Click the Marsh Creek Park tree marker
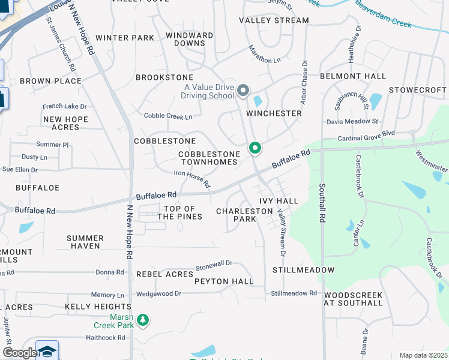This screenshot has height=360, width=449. click(x=142, y=320)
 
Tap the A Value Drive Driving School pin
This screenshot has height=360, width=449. click(x=243, y=91)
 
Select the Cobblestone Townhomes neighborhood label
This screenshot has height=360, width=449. click(x=209, y=158)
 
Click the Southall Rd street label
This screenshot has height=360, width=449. click(x=322, y=204)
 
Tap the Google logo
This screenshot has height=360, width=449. click(x=19, y=353)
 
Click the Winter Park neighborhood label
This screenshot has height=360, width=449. click(x=124, y=38)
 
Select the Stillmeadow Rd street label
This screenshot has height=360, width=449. click(x=294, y=293)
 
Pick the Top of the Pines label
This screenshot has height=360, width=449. click(x=179, y=212)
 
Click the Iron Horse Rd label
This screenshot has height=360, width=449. click(x=192, y=178)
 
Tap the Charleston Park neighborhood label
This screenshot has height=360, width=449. click(x=244, y=215)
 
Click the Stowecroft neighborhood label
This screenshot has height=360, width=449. click(x=417, y=90)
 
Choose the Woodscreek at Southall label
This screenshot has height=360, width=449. click(x=353, y=299)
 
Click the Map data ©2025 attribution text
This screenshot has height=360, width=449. click(x=423, y=355)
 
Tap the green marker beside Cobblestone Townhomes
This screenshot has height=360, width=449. click(x=255, y=147)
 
